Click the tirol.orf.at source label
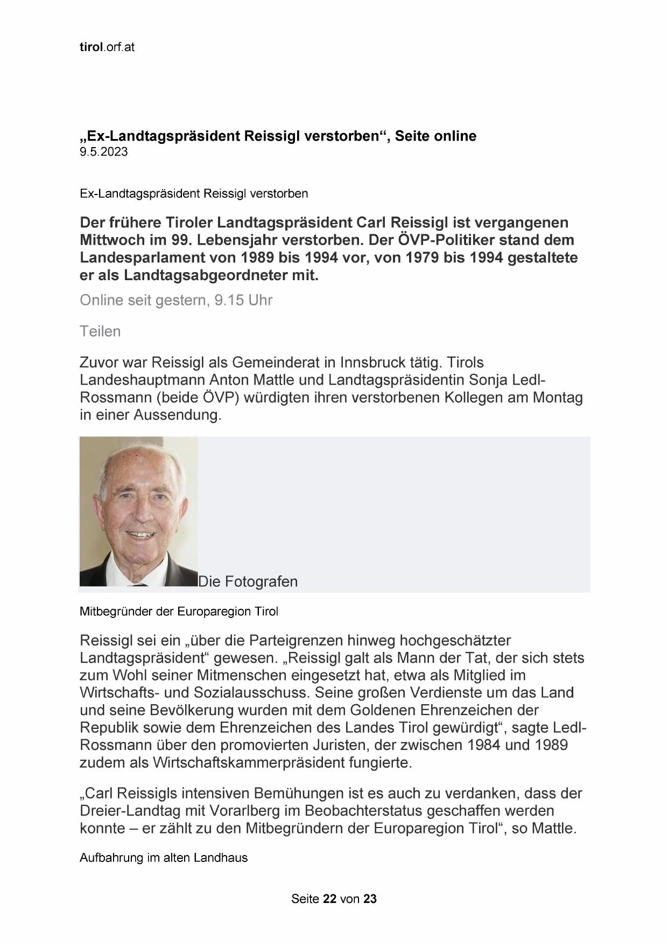point(107,47)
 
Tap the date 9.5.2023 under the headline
point(104,152)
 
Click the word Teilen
point(100,331)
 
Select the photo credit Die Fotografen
point(248,582)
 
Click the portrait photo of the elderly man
point(138,511)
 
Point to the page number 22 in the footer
point(330,899)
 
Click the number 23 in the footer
point(370,899)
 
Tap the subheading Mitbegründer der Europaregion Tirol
point(179,612)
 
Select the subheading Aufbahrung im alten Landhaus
point(164,858)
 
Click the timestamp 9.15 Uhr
point(243,300)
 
